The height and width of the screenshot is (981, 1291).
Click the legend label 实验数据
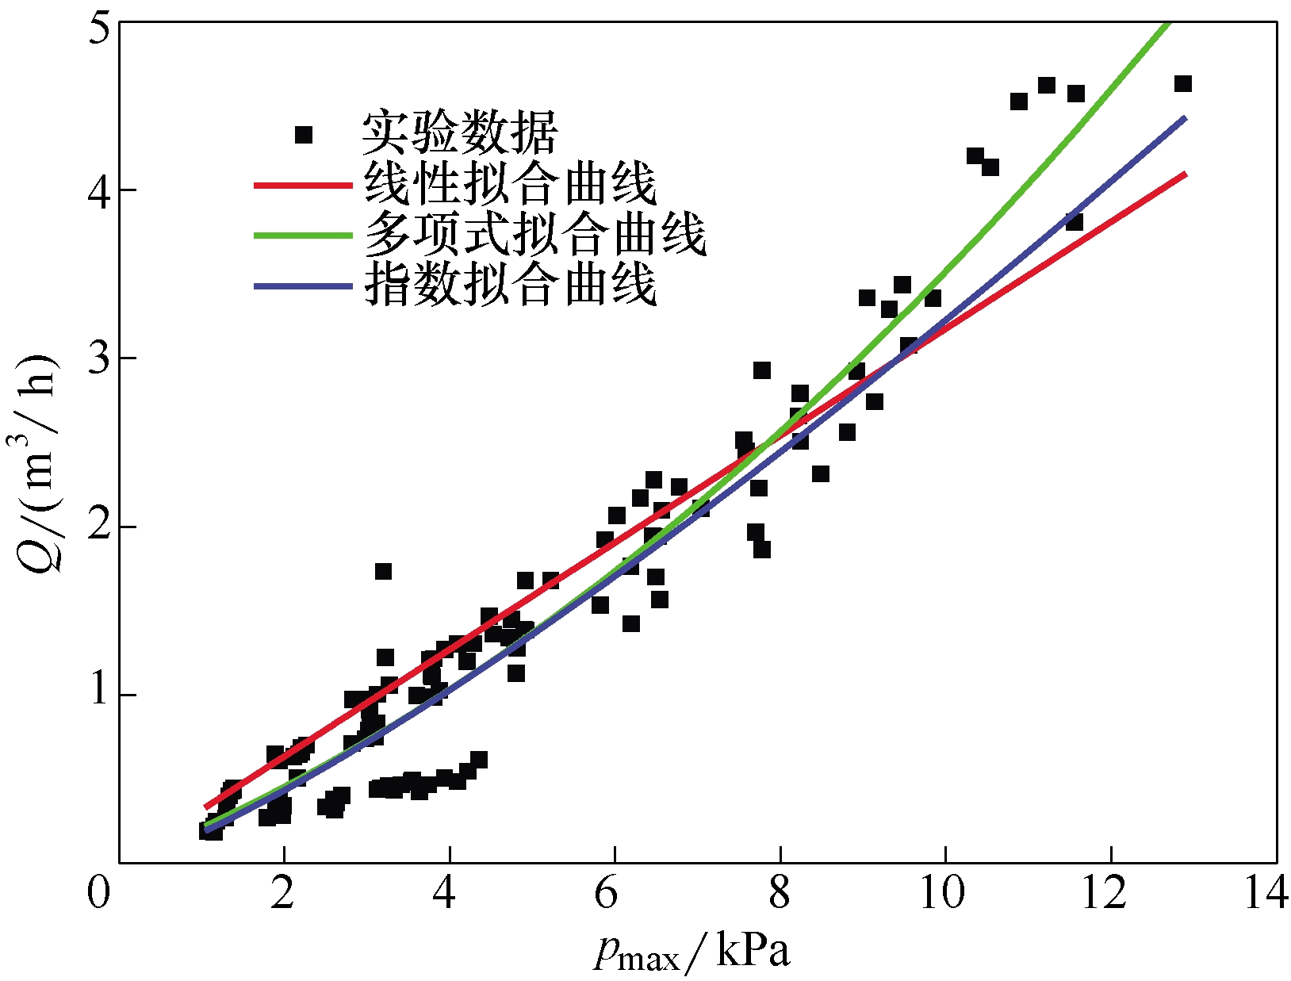tap(460, 133)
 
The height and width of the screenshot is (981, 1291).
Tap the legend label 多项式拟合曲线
tap(535, 235)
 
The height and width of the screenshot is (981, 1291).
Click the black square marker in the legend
tap(304, 135)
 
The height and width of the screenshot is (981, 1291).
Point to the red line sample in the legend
tap(302, 185)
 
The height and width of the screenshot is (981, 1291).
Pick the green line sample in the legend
tap(302, 236)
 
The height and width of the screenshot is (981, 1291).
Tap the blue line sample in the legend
tap(302, 285)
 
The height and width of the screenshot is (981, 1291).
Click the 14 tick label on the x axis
tap(1266, 895)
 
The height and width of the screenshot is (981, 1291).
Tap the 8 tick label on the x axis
tap(780, 895)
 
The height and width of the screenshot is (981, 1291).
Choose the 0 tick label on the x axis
tap(99, 895)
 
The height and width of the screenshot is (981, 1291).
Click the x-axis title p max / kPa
tap(692, 952)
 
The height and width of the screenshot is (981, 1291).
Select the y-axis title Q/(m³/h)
tap(38, 460)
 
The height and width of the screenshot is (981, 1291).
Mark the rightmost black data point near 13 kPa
tap(1182, 84)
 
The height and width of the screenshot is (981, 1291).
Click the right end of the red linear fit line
tap(1185, 174)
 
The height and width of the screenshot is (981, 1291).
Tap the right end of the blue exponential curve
tap(1185, 118)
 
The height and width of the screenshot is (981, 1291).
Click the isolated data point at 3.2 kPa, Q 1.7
tap(383, 571)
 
